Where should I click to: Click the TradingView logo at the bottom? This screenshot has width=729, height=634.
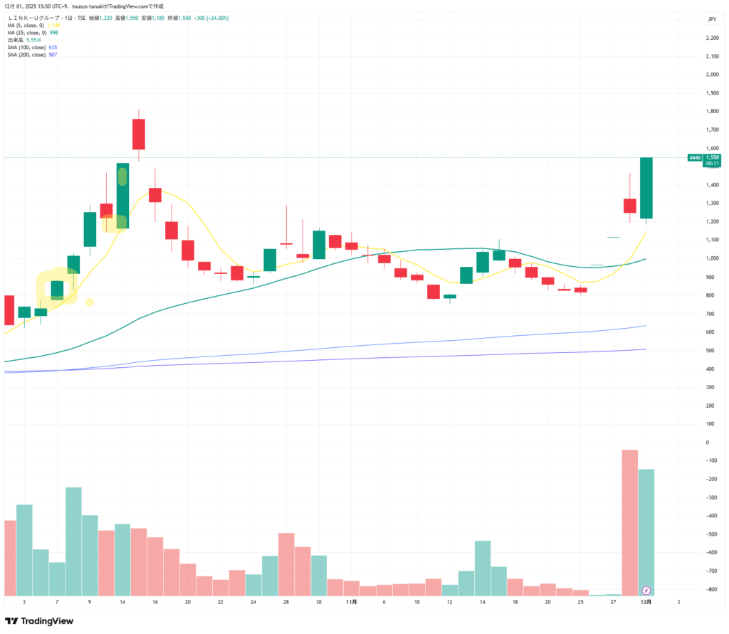tap(39, 620)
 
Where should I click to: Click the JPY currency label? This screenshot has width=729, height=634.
tap(710, 19)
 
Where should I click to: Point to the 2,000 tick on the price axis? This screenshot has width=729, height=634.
tap(710, 74)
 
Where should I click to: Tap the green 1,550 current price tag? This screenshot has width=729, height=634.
tap(712, 157)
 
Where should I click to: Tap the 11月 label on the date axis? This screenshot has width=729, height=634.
tap(351, 602)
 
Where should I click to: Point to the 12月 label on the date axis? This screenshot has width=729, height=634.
tap(646, 602)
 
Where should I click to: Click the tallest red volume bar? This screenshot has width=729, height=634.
tap(630, 522)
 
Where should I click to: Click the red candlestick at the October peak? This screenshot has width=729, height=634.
tap(138, 134)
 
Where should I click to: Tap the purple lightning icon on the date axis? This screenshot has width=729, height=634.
tap(646, 590)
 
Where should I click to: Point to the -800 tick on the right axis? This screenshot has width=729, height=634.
tap(710, 589)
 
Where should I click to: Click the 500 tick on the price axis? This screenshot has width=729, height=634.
tap(710, 351)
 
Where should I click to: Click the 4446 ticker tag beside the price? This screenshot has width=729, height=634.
tap(694, 157)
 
